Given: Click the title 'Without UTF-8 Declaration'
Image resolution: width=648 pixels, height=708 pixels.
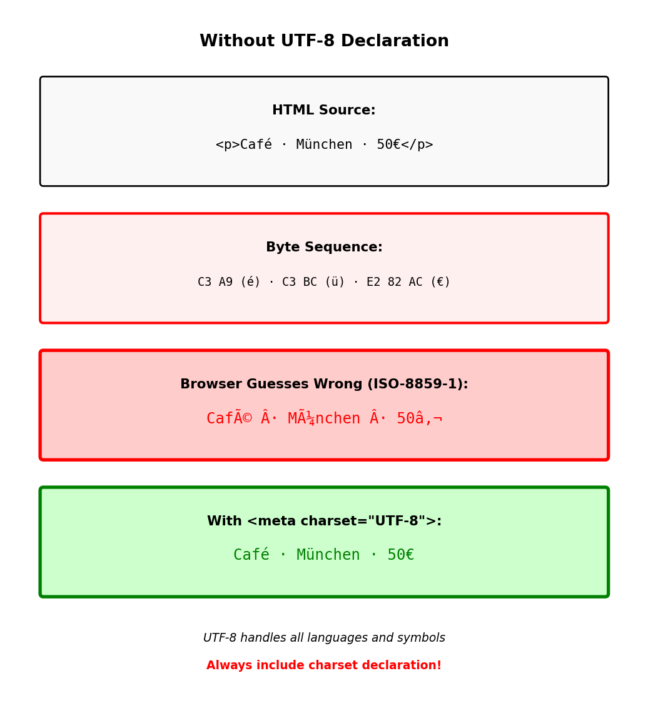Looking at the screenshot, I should (324, 41).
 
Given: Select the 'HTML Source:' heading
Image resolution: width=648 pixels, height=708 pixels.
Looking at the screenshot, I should (324, 111).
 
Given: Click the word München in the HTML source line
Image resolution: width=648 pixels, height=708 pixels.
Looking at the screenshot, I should (324, 145).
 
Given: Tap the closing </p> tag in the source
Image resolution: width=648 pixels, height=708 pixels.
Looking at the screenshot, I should (417, 145).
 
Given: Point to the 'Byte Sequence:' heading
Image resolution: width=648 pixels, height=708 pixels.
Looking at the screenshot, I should (324, 248).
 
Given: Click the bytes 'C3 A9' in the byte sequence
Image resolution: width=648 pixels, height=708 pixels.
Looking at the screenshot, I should (215, 283).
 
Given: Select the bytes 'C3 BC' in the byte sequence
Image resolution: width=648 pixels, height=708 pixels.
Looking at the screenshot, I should (300, 283).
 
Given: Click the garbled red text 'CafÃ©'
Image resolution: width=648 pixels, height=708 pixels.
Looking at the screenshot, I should (229, 418).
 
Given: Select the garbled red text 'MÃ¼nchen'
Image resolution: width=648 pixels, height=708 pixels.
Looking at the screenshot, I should (324, 418).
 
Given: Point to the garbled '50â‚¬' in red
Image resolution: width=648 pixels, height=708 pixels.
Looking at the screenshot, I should (419, 418).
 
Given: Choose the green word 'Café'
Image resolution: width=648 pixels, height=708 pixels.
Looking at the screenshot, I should (251, 555).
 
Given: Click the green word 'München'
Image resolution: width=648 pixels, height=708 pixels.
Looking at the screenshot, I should (328, 555).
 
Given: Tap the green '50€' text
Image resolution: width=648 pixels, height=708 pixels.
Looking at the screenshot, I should (401, 555).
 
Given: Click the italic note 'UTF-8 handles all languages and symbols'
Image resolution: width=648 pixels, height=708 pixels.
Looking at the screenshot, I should (324, 638).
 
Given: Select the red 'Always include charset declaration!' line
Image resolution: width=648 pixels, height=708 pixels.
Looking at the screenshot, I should (324, 665).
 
